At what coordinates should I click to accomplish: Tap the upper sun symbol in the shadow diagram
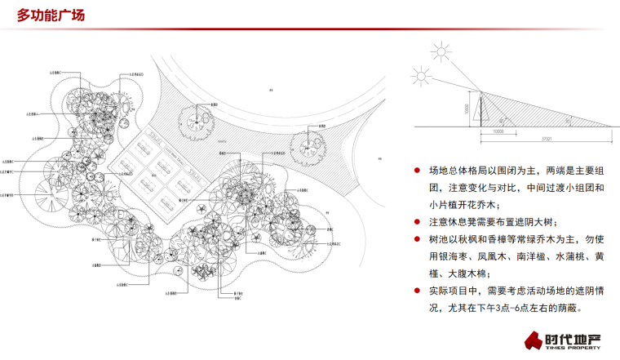tap(442, 53)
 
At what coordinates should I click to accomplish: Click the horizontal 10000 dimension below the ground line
tap(498, 131)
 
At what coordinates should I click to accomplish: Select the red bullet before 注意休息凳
tap(418, 221)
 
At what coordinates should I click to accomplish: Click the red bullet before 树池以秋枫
tap(418, 238)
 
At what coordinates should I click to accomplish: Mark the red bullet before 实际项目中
tap(418, 290)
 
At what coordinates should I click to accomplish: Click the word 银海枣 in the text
tap(454, 256)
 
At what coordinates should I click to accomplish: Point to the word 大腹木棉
tap(468, 273)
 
